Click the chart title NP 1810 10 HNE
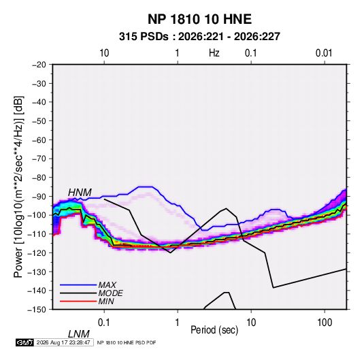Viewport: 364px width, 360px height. (x=199, y=19)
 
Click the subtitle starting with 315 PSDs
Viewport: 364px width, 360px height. (x=199, y=37)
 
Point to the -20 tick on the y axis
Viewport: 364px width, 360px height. (x=39, y=65)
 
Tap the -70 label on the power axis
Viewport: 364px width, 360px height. (x=39, y=159)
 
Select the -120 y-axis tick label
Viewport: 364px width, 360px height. (x=37, y=253)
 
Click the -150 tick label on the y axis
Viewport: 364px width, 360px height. (x=37, y=310)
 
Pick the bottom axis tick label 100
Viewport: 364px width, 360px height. (x=325, y=323)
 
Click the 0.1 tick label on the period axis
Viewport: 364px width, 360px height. (x=103, y=323)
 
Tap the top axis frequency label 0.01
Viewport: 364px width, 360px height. (x=324, y=53)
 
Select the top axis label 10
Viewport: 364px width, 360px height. (x=104, y=53)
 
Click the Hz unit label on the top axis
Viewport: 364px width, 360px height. (x=214, y=53)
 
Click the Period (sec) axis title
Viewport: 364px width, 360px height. (x=214, y=330)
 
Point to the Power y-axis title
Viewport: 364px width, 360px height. (x=18, y=187)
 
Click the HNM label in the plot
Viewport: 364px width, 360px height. (x=80, y=193)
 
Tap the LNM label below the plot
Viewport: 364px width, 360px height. (x=79, y=334)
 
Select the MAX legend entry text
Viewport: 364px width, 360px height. (x=107, y=285)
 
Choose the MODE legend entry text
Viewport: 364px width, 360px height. (x=110, y=293)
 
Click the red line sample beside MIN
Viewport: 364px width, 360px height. (x=78, y=301)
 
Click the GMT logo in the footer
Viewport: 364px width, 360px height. (x=24, y=342)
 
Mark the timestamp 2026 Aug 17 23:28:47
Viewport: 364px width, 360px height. (x=63, y=342)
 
